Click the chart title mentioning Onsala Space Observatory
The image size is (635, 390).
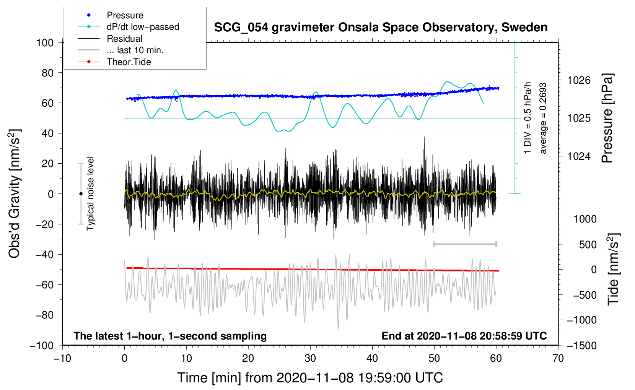click(381, 28)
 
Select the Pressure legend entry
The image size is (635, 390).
click(125, 15)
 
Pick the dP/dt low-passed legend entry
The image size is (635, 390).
click(143, 27)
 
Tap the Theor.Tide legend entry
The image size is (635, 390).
click(129, 62)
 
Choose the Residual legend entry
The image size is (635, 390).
click(124, 39)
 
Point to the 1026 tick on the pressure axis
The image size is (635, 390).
click(579, 80)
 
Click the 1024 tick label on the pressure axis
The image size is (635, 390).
click(579, 156)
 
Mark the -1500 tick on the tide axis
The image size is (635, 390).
click(581, 345)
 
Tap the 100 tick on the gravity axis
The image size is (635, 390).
click(45, 42)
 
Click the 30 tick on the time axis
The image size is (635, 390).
click(310, 358)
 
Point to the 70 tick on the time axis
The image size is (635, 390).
click(558, 358)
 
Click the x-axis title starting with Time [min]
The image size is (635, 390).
click(310, 378)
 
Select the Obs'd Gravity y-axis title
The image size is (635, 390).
click(14, 193)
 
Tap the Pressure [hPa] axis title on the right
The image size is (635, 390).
click(607, 119)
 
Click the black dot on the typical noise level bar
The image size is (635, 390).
click(81, 194)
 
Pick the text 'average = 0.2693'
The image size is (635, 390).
click(543, 119)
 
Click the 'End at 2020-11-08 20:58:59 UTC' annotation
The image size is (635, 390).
click(464, 336)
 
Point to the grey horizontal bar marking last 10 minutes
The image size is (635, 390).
click(465, 244)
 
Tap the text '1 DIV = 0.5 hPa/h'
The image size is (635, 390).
click(528, 118)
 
